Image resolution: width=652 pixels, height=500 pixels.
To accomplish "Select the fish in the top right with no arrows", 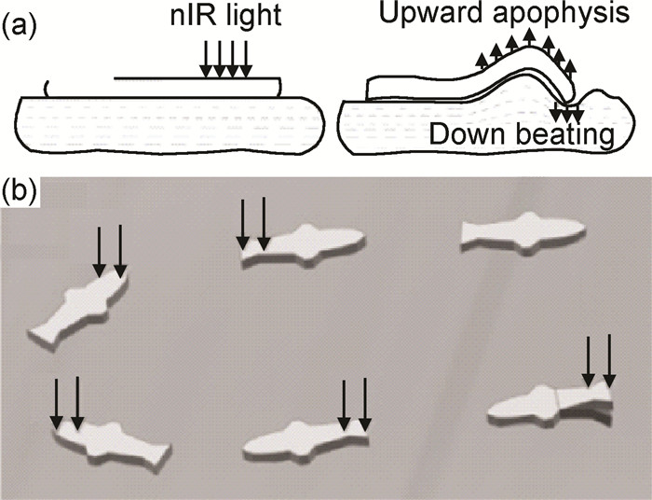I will click(x=522, y=230).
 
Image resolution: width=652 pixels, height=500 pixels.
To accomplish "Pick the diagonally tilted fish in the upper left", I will click(x=77, y=304).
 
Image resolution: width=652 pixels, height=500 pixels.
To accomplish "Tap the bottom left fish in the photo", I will click(x=110, y=443).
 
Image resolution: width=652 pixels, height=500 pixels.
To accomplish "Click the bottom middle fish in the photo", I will click(x=306, y=438).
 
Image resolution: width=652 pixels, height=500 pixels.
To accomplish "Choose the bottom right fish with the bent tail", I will click(x=550, y=404).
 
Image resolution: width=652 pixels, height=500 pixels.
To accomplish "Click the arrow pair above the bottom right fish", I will click(x=598, y=361).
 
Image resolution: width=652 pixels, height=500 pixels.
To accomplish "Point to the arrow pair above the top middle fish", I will click(x=252, y=224).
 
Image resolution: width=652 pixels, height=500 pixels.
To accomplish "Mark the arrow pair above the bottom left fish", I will click(x=66, y=404).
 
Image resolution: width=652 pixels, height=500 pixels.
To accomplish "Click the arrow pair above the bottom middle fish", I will click(x=353, y=404).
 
